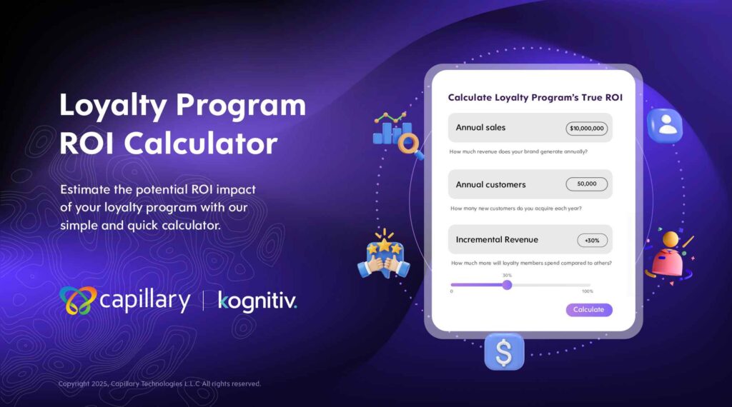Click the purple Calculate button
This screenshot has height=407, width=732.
589,310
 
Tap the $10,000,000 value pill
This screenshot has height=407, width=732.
586,129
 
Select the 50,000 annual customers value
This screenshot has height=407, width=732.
586,184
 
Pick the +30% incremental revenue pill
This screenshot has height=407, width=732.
592,240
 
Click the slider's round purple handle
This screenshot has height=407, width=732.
507,285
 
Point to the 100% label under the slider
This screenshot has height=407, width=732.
588,291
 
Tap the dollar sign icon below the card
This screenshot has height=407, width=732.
504,352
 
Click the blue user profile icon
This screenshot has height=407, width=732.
665,125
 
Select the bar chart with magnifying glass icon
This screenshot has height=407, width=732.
397,134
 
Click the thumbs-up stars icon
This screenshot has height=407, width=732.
384,254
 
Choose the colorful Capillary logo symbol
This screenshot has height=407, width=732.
77,301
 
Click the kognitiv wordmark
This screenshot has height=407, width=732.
257,301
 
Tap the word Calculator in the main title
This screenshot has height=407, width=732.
201,143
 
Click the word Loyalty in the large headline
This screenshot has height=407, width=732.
113,106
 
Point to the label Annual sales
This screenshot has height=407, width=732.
480,127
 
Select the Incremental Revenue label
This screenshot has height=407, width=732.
497,240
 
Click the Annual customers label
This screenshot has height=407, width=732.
490,185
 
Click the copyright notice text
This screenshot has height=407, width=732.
159,383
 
